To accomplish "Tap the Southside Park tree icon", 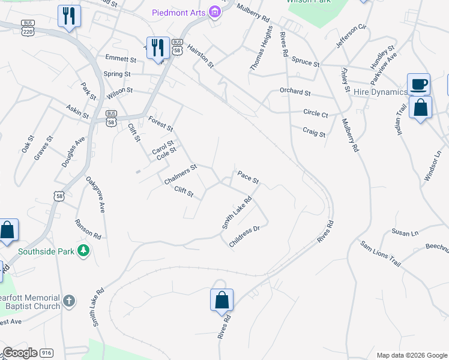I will [x=85, y=250].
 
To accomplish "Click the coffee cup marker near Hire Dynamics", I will [x=418, y=84].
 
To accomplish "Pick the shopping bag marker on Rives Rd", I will [x=221, y=299].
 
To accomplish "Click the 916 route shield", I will [x=47, y=353].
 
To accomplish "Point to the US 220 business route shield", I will [x=28, y=29].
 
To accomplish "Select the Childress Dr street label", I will [x=244, y=236].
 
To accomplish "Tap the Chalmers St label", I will [x=180, y=175].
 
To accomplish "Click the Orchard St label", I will [x=295, y=93].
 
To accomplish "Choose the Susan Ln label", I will [x=405, y=233].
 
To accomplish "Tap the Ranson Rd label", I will [x=88, y=228].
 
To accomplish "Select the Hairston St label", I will [x=200, y=56].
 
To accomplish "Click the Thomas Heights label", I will [x=262, y=49].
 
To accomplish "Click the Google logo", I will [x=20, y=353].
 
